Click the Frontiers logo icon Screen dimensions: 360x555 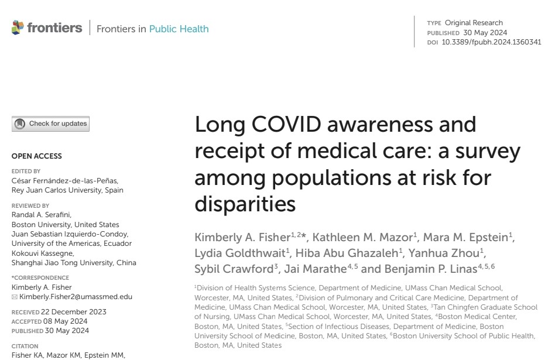point(18,28)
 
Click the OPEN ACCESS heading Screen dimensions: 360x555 point(36,156)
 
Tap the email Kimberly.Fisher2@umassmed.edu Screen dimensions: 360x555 point(76,297)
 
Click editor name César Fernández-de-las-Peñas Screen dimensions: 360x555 point(65,181)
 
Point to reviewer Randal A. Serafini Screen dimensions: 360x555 point(41,215)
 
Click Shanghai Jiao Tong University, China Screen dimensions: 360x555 point(74,262)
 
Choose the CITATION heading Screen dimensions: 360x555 point(25,346)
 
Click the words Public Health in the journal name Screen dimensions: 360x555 point(179,29)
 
